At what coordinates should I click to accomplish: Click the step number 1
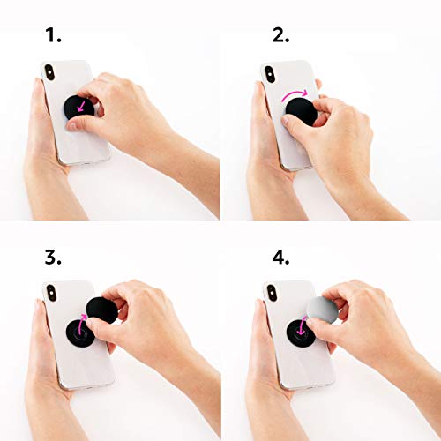53,36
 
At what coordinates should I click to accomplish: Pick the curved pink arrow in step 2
295,92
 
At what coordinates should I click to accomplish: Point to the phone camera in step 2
270,73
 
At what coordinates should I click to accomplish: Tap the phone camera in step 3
50,294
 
